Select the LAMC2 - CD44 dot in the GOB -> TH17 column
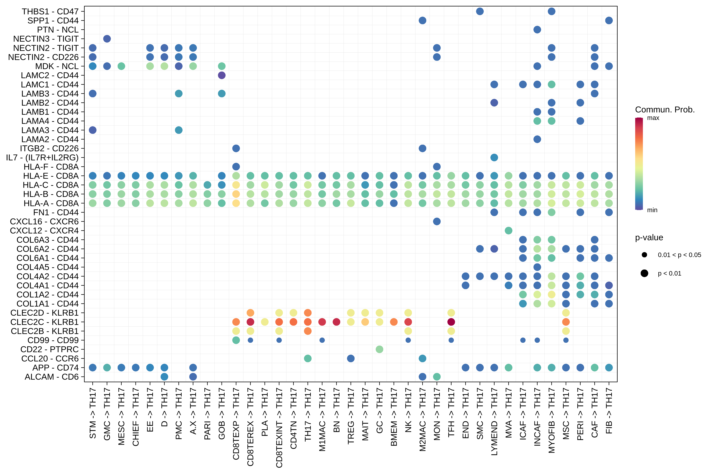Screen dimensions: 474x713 pos(222,75)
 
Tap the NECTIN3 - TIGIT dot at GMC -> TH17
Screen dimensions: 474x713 pos(107,39)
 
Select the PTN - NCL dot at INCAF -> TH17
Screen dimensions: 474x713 pos(537,30)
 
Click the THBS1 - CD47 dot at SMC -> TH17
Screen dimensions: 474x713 pos(480,11)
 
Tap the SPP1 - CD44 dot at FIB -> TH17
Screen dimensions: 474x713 pos(609,21)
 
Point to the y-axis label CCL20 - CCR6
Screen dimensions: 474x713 pos(50,359)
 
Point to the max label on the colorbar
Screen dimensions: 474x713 pos(653,118)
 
